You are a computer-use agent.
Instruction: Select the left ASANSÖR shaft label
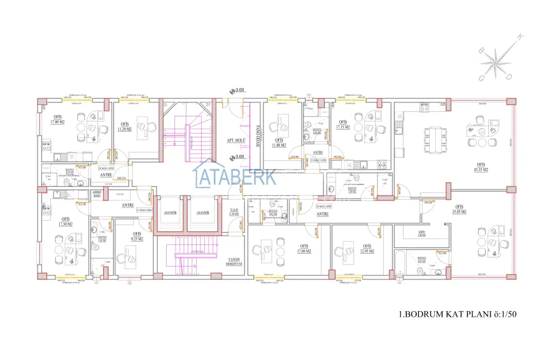coord(170,212)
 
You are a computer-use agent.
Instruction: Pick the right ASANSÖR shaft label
coord(204,212)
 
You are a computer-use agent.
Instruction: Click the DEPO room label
coord(421,233)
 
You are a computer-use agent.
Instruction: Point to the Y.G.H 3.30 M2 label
coord(234,212)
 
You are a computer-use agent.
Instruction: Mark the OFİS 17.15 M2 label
coord(342,124)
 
